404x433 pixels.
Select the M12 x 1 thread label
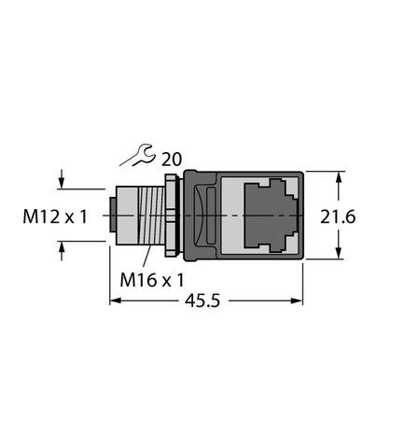[x=53, y=217]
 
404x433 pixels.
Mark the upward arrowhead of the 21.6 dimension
[x=339, y=177]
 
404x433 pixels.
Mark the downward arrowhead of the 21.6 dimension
[x=339, y=256]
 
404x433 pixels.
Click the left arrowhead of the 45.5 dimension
[x=116, y=301]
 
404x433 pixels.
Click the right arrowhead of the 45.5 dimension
[x=300, y=301]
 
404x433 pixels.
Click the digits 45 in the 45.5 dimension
[x=190, y=301]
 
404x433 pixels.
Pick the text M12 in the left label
[x=40, y=217]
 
